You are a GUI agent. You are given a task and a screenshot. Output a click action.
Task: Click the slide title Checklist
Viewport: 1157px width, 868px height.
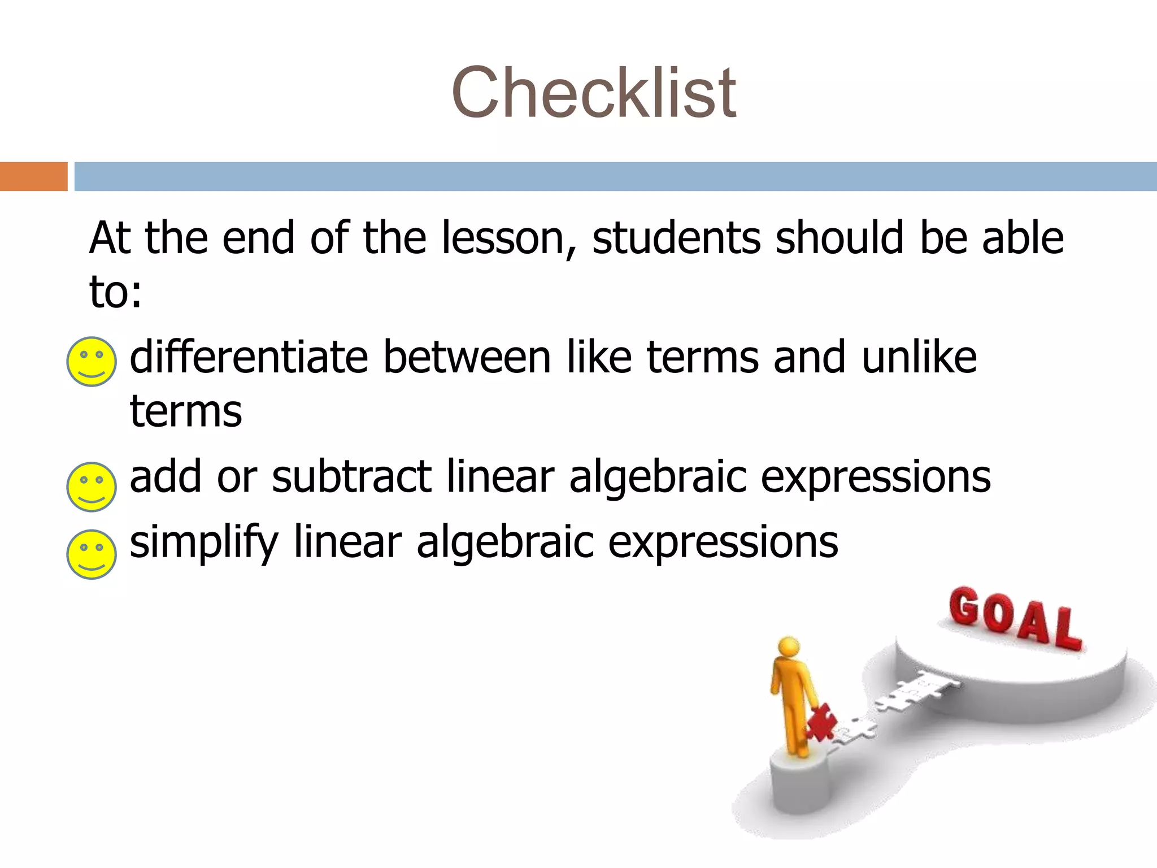click(593, 93)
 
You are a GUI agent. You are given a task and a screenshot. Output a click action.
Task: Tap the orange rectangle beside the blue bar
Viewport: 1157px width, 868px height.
click(33, 176)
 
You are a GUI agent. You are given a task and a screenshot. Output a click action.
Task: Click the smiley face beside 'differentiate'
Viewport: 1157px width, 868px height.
click(92, 362)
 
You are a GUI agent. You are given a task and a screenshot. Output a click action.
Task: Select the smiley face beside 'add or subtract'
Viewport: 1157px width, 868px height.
click(92, 487)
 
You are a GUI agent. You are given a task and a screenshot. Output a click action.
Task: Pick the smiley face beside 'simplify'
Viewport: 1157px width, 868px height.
click(92, 554)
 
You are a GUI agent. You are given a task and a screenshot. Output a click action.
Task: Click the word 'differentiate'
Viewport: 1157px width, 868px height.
click(249, 357)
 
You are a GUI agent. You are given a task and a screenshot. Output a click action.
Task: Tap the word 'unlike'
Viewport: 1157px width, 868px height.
click(919, 357)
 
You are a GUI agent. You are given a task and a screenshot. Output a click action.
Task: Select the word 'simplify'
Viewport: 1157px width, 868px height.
click(204, 542)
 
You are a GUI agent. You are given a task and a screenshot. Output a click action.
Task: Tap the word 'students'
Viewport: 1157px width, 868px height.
click(676, 238)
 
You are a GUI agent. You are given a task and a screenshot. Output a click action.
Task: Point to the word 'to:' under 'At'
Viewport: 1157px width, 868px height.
click(115, 292)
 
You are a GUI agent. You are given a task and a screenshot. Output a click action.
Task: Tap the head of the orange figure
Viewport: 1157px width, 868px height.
click(789, 647)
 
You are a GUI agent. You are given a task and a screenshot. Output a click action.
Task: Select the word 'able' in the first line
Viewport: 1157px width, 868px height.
click(1023, 238)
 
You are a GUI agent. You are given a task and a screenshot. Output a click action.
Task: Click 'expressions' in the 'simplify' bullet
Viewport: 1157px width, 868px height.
click(723, 542)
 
